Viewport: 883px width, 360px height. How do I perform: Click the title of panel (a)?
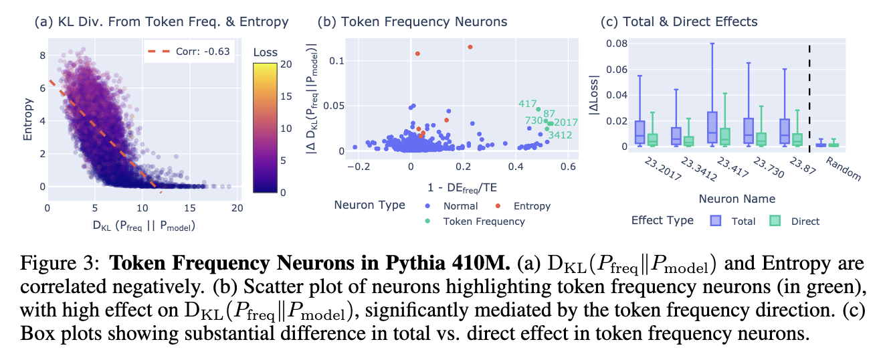point(161,22)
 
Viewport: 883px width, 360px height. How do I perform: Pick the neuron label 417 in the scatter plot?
point(528,104)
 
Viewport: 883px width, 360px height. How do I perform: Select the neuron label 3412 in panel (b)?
point(560,135)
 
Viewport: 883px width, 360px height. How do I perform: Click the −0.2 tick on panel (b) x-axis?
point(358,165)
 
